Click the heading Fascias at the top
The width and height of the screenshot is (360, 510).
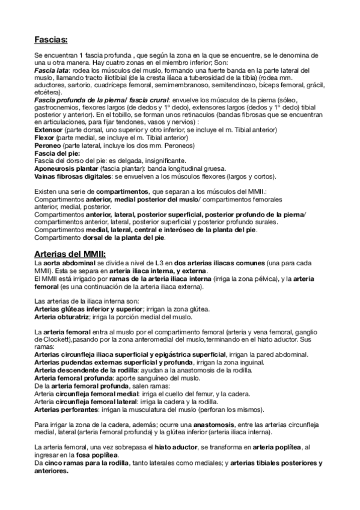(50, 40)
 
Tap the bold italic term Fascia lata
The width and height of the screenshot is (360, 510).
(50, 71)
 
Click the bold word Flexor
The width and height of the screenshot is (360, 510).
(44, 137)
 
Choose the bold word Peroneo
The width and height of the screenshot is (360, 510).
(46, 145)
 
